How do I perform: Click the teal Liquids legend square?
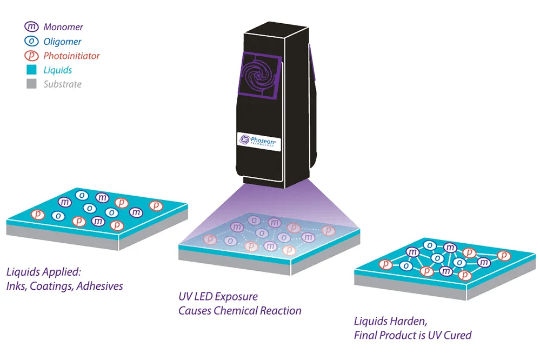click(x=31, y=70)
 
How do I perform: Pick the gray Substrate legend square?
click(x=31, y=84)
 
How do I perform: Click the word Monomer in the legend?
click(x=63, y=26)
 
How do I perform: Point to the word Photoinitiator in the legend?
click(x=72, y=56)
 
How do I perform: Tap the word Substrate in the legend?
click(x=63, y=84)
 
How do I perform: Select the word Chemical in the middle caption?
click(x=237, y=311)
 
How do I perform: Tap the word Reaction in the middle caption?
click(x=281, y=311)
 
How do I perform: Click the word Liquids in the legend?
click(x=58, y=70)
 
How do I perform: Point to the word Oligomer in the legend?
click(x=63, y=41)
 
